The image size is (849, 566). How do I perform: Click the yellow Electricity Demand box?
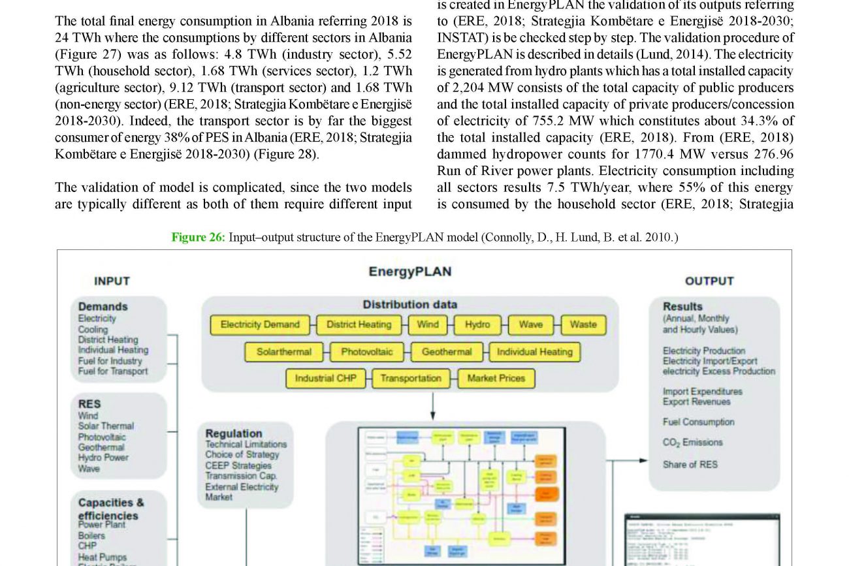(260, 324)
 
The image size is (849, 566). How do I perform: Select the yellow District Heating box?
(359, 324)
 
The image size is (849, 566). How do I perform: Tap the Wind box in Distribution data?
(428, 324)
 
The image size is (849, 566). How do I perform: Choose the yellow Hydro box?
(477, 324)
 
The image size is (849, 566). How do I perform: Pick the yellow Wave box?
(530, 324)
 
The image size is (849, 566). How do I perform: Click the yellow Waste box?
(583, 324)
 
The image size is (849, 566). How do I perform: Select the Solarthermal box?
(283, 352)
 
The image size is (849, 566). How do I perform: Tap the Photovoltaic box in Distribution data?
(367, 352)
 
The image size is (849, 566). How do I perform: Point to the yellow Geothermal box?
(447, 352)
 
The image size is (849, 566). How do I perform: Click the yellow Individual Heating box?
(534, 352)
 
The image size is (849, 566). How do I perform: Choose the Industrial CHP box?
(325, 378)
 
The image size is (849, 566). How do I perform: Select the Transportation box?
(411, 378)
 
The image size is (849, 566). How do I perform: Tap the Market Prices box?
(496, 378)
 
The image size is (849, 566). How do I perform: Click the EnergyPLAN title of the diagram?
(409, 272)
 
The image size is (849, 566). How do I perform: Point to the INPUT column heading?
(112, 281)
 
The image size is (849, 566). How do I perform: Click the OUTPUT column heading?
(709, 281)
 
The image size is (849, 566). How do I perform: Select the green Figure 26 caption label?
(198, 237)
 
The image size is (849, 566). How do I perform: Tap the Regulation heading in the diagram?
(233, 433)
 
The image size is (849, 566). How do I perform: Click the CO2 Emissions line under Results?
(692, 443)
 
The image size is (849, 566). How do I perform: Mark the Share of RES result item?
(690, 465)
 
